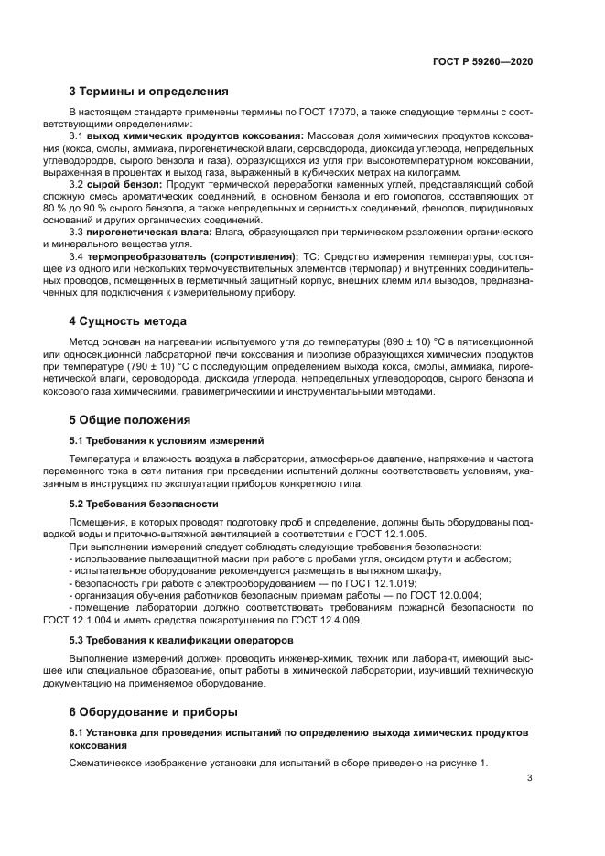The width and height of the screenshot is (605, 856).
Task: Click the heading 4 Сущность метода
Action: (x=128, y=321)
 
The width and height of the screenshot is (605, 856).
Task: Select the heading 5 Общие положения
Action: (x=130, y=420)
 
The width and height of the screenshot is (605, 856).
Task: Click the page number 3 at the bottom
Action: (x=529, y=779)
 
